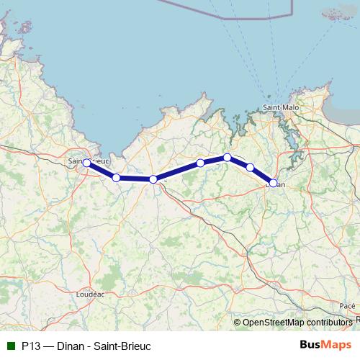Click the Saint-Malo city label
[281, 107]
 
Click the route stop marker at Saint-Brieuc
[86, 163]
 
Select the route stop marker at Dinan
[274, 183]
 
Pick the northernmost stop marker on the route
[227, 157]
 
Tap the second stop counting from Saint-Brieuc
[116, 177]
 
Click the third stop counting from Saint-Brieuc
[153, 179]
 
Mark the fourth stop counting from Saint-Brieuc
[200, 163]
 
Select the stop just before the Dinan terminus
[250, 167]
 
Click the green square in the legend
[10, 346]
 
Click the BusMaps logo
[325, 345]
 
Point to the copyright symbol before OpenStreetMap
[238, 323]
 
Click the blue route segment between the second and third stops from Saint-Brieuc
[135, 179]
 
